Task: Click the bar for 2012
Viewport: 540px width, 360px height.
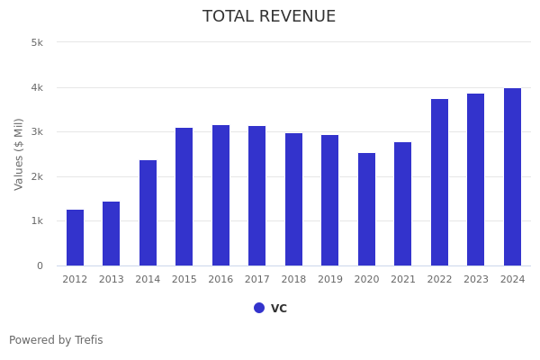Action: (x=75, y=238)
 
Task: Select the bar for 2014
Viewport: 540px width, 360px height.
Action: (x=148, y=213)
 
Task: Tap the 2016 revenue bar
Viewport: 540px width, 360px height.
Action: (x=220, y=195)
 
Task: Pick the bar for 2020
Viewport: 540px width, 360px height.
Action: (x=366, y=210)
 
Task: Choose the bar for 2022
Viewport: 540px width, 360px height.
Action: (x=439, y=183)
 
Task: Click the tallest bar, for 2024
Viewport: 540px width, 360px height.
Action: (x=512, y=177)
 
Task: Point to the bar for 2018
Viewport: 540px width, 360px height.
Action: (x=293, y=200)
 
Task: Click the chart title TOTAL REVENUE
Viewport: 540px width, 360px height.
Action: (x=269, y=17)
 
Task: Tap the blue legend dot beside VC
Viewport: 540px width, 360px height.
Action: (x=259, y=308)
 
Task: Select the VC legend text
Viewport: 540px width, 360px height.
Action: (x=279, y=308)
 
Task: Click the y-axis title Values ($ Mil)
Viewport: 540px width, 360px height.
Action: (x=19, y=154)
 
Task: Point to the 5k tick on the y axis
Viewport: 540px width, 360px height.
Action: (x=37, y=42)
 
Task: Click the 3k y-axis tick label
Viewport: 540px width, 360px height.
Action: (x=37, y=132)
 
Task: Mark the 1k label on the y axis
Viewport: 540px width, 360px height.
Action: (x=37, y=221)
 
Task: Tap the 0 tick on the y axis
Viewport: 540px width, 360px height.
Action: (x=40, y=265)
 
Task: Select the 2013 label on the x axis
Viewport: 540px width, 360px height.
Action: (x=112, y=280)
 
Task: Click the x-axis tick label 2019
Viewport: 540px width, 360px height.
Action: (x=330, y=280)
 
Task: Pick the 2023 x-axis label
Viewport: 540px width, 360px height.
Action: (x=476, y=280)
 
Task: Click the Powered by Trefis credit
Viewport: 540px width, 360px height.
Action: (x=56, y=340)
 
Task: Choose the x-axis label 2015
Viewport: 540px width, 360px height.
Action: (x=184, y=280)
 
